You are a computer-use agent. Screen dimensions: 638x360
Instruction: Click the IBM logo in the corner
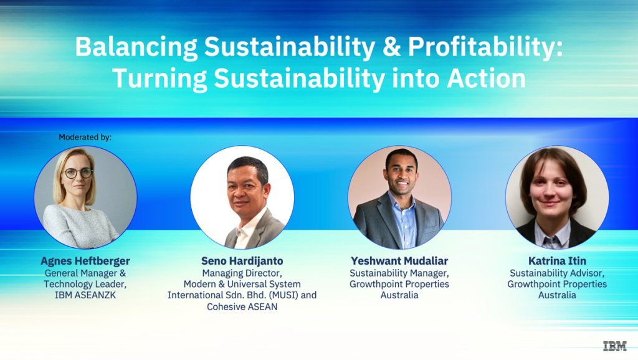pyautogui.click(x=614, y=346)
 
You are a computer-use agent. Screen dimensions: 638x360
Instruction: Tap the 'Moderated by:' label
pyautogui.click(x=85, y=137)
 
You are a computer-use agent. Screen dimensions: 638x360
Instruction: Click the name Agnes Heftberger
pyautogui.click(x=85, y=261)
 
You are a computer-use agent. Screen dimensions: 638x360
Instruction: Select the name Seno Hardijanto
pyautogui.click(x=242, y=261)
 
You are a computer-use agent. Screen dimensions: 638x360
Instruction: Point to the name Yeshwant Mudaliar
pyautogui.click(x=399, y=261)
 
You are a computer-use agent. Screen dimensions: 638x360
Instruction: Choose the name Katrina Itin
pyautogui.click(x=557, y=261)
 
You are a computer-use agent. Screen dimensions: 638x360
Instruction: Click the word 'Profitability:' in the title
pyautogui.click(x=485, y=47)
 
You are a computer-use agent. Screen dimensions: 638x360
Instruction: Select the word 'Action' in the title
pyautogui.click(x=486, y=78)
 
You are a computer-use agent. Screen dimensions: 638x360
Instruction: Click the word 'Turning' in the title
pyautogui.click(x=159, y=79)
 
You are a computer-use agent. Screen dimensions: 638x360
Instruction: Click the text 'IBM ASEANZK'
pyautogui.click(x=85, y=295)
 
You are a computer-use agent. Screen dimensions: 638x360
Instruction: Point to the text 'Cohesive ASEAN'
pyautogui.click(x=242, y=306)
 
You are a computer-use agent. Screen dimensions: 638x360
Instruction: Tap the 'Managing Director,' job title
pyautogui.click(x=242, y=273)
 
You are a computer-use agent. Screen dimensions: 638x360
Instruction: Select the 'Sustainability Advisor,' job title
pyautogui.click(x=557, y=273)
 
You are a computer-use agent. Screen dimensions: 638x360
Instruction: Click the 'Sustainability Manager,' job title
pyautogui.click(x=399, y=273)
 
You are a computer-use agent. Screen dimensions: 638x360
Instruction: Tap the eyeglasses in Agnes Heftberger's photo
pyautogui.click(x=78, y=173)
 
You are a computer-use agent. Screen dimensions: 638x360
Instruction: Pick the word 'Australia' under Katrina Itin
pyautogui.click(x=557, y=295)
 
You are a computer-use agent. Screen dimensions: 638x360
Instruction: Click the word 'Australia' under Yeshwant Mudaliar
pyautogui.click(x=399, y=295)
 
